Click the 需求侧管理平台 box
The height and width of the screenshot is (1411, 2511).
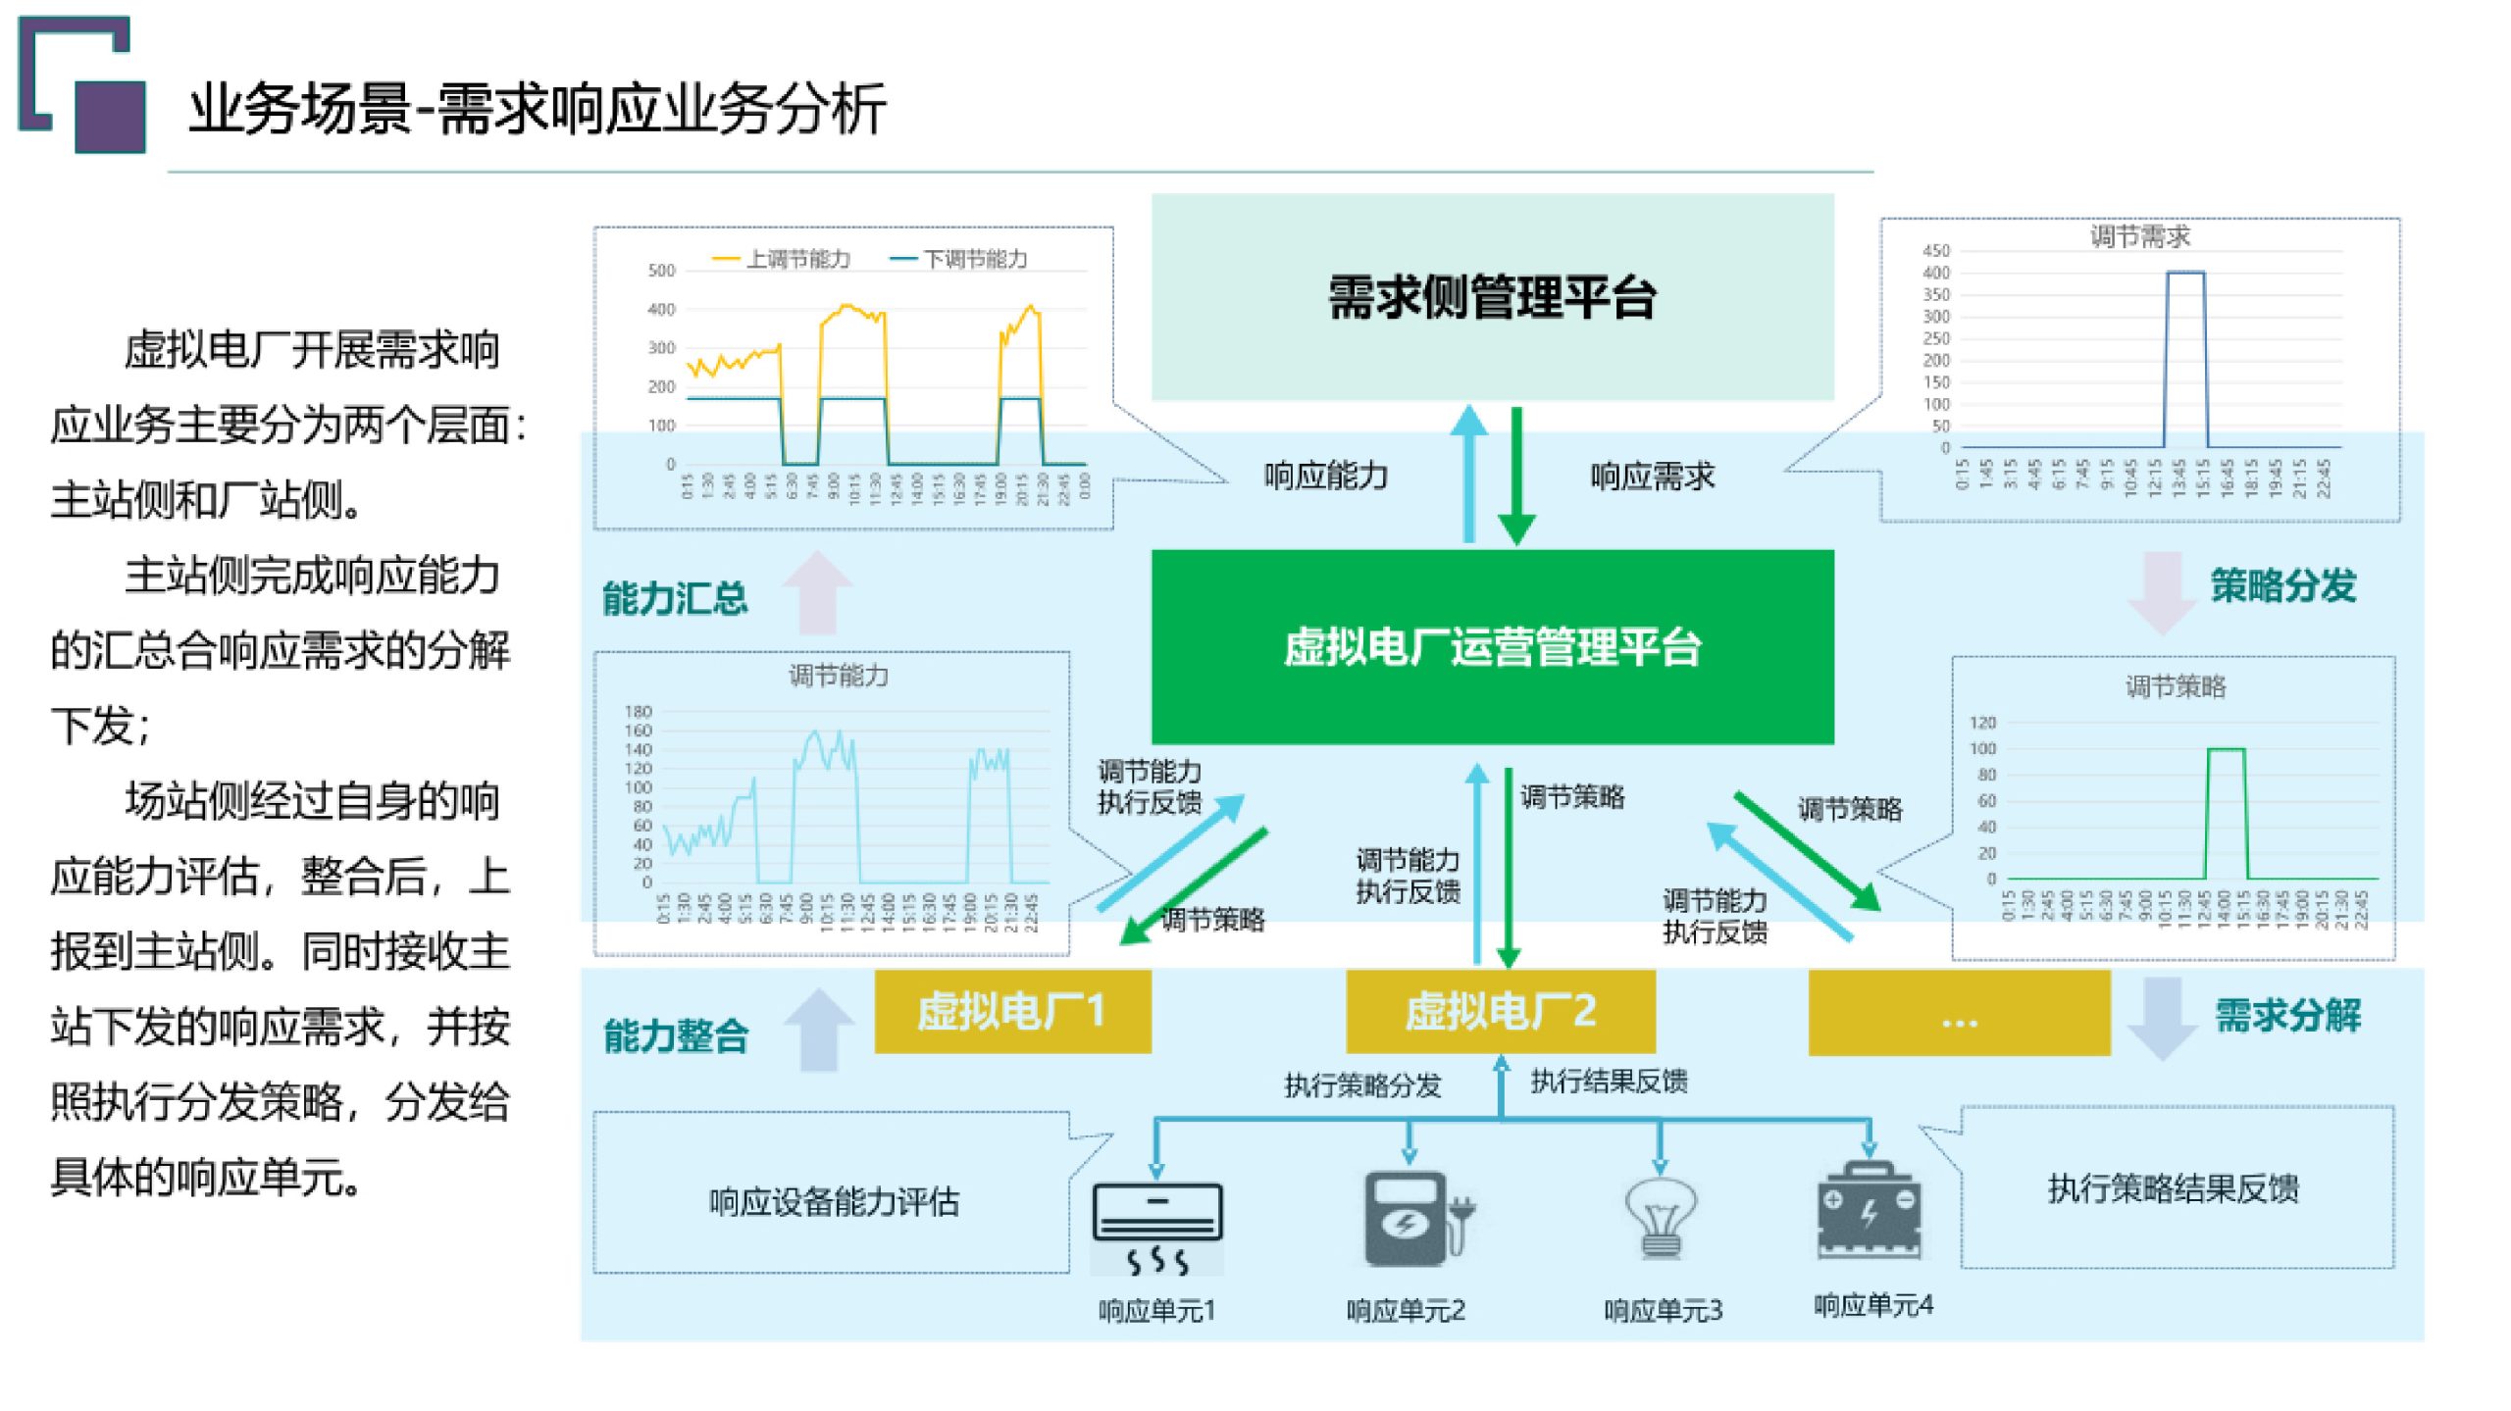click(1491, 296)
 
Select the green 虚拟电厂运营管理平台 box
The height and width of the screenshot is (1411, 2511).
click(1491, 647)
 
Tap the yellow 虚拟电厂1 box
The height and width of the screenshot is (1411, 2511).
click(1012, 1012)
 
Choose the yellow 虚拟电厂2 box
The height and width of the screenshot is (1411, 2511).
click(1500, 1012)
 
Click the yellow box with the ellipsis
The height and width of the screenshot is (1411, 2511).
click(1958, 1014)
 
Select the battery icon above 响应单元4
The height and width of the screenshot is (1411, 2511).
click(1869, 1211)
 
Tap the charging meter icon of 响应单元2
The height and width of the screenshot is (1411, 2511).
click(1412, 1220)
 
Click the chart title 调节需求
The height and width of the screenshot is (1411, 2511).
click(2139, 236)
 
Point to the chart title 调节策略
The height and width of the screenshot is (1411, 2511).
click(2175, 686)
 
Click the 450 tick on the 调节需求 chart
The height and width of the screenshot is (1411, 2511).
click(1936, 251)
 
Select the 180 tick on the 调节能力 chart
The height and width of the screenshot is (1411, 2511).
click(638, 711)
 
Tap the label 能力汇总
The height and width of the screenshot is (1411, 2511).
click(675, 598)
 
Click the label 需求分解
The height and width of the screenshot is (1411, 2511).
click(2287, 1015)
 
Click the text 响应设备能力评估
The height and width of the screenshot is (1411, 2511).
click(834, 1202)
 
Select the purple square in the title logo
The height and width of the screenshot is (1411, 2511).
click(110, 116)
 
